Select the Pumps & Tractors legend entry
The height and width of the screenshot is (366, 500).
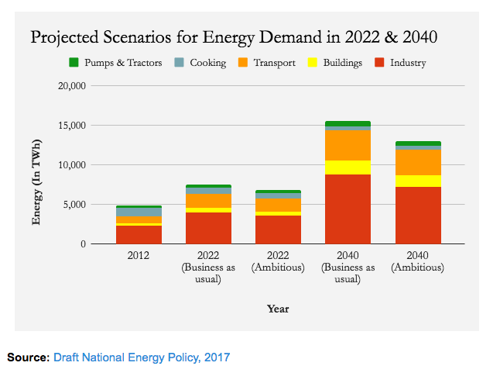pyautogui.click(x=115, y=62)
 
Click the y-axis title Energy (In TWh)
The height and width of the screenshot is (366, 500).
pyautogui.click(x=36, y=183)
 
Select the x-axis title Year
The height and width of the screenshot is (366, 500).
pyautogui.click(x=278, y=308)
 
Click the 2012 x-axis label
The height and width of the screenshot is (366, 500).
pyautogui.click(x=139, y=255)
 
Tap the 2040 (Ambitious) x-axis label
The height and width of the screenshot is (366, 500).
pyautogui.click(x=418, y=261)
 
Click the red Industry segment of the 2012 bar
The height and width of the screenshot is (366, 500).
pyautogui.click(x=139, y=234)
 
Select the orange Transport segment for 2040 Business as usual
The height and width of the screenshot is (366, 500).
pyautogui.click(x=348, y=145)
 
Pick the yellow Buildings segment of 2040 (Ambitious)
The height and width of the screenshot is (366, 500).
pyautogui.click(x=418, y=181)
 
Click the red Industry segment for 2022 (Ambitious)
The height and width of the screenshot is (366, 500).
pyautogui.click(x=278, y=230)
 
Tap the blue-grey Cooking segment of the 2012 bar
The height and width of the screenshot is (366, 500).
pyautogui.click(x=139, y=212)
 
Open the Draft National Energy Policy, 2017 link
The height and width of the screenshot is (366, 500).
pyautogui.click(x=142, y=357)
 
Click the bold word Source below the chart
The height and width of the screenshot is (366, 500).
pyautogui.click(x=28, y=357)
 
